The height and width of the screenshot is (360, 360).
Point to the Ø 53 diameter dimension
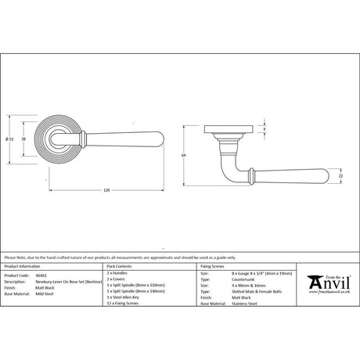[9, 139]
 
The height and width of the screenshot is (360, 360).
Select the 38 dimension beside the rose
[24, 139]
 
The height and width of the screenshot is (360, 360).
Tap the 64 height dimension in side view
[182, 155]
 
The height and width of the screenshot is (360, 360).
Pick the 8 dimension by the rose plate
[263, 130]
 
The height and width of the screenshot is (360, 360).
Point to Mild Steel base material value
[43, 293]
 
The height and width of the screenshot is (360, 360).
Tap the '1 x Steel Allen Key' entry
[123, 297]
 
